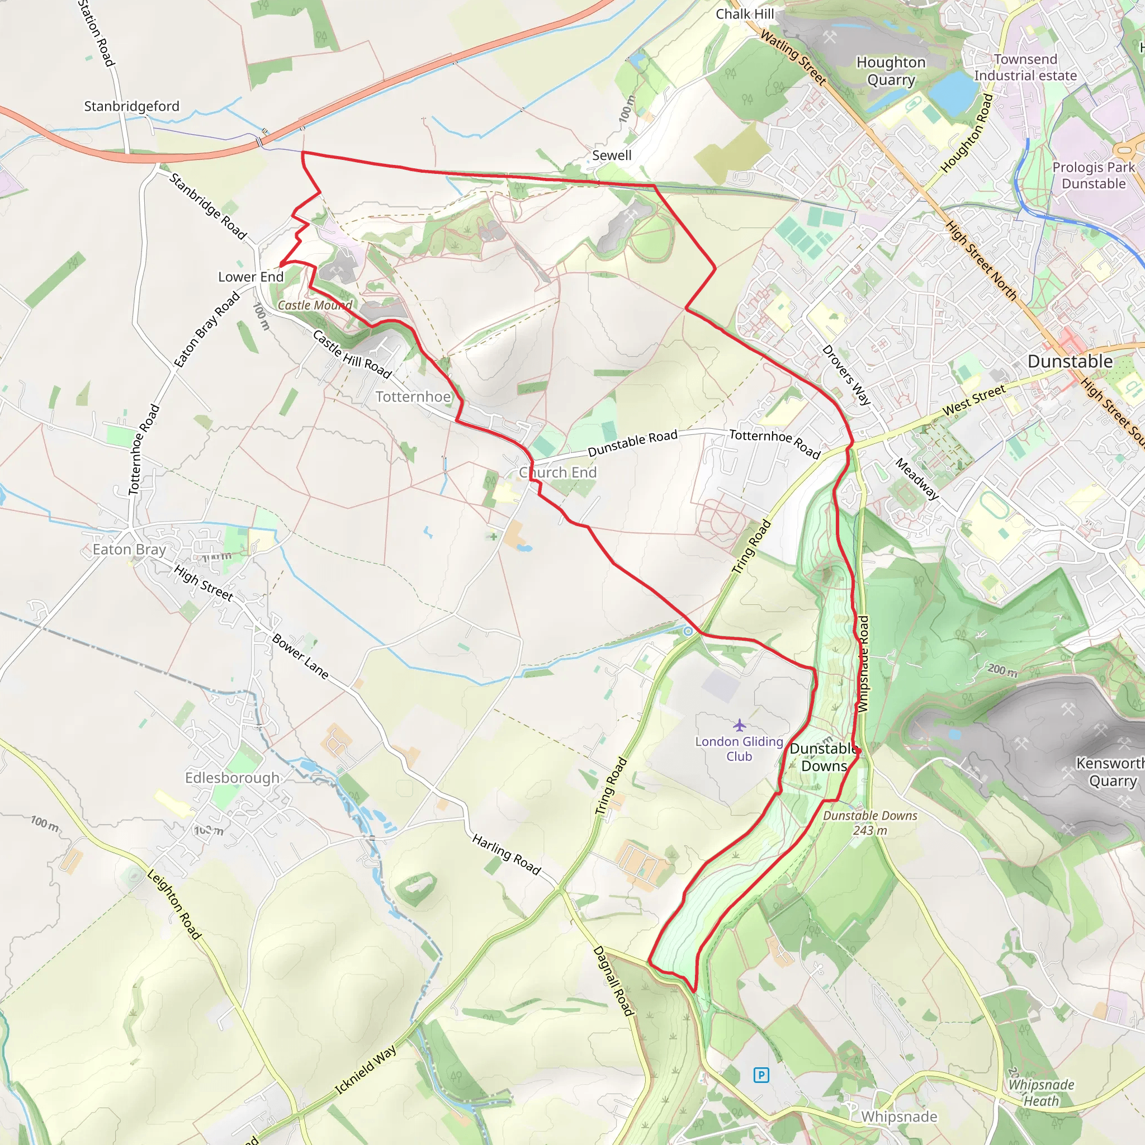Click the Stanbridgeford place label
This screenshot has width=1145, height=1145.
click(x=131, y=106)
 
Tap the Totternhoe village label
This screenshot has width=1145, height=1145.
click(x=413, y=396)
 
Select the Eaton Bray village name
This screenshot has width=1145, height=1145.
click(x=129, y=550)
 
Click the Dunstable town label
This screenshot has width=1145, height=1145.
click(x=1070, y=361)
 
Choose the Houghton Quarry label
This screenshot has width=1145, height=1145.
click(x=891, y=70)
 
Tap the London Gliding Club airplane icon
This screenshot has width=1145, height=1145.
click(x=739, y=725)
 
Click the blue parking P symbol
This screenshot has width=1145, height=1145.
click(x=761, y=1075)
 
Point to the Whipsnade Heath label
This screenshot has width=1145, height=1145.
click(x=1041, y=1093)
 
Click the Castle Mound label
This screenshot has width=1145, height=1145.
click(x=315, y=305)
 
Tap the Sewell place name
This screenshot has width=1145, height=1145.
click(x=612, y=155)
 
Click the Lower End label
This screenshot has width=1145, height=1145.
click(x=250, y=277)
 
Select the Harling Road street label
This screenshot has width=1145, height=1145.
click(x=506, y=855)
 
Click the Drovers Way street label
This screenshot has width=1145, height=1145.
click(x=846, y=375)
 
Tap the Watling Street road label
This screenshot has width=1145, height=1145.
click(x=793, y=58)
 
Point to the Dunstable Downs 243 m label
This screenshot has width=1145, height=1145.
click(x=869, y=822)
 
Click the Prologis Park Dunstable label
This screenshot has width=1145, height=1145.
click(x=1094, y=176)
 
